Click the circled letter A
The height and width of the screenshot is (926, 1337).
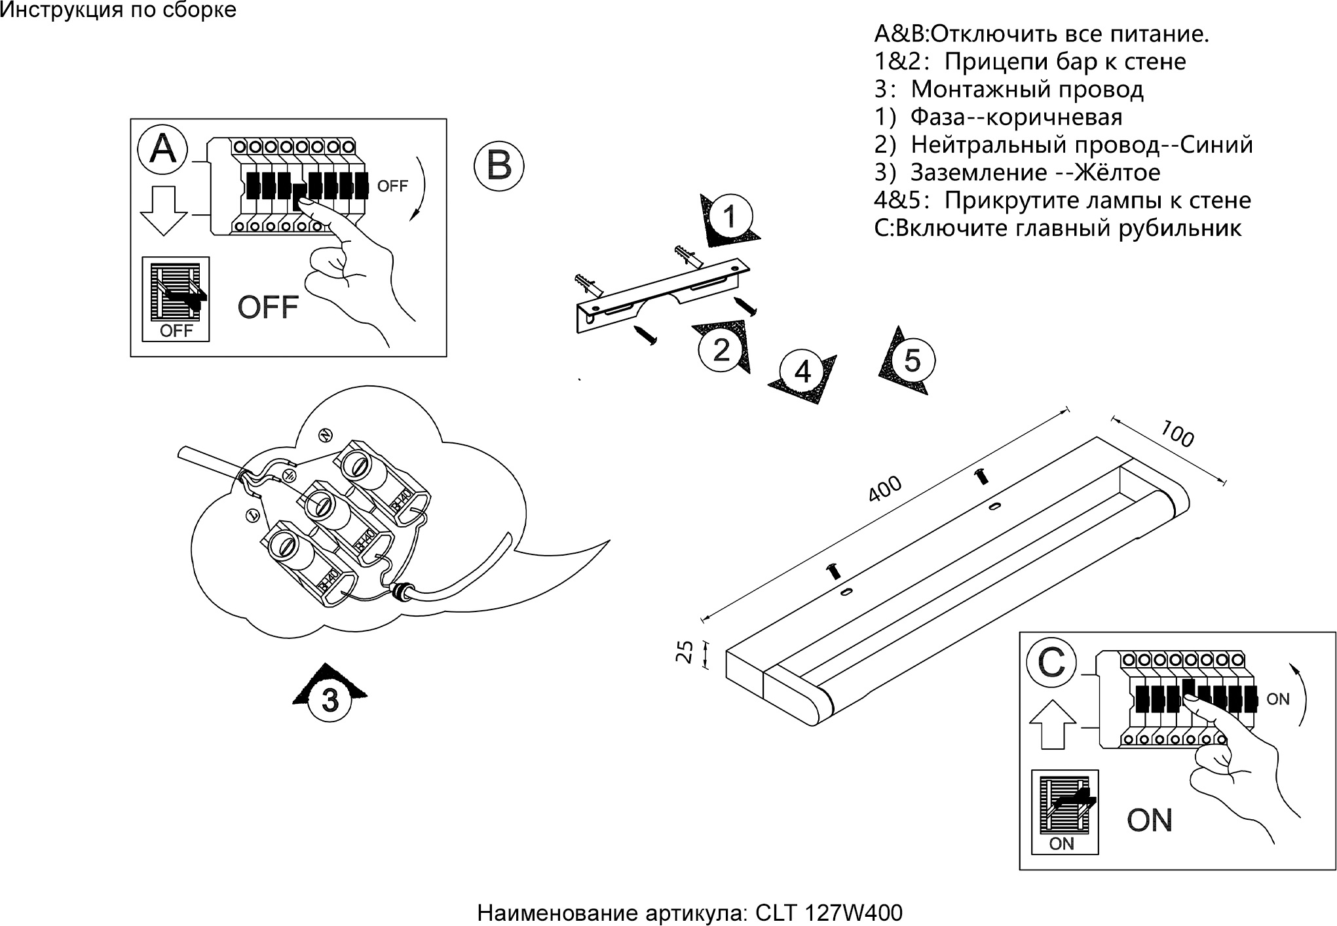point(162,149)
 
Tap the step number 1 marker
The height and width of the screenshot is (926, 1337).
point(730,217)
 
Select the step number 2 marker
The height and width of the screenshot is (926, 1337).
point(721,350)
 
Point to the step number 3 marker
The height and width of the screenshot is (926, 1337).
point(330,700)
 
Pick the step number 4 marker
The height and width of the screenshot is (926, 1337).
point(802,372)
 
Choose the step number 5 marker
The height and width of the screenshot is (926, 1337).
point(912,360)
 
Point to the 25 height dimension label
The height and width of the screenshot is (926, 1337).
point(685,652)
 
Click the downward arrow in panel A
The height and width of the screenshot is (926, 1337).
point(164,210)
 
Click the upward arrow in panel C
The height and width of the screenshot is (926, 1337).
point(1052,724)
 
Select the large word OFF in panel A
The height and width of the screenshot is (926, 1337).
point(268,307)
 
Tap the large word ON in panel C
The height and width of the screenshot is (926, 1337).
point(1150,820)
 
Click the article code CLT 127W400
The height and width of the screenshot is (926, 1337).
point(829,913)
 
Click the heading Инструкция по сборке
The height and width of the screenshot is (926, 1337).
point(118,10)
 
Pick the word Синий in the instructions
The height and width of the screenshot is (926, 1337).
point(1216,144)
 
